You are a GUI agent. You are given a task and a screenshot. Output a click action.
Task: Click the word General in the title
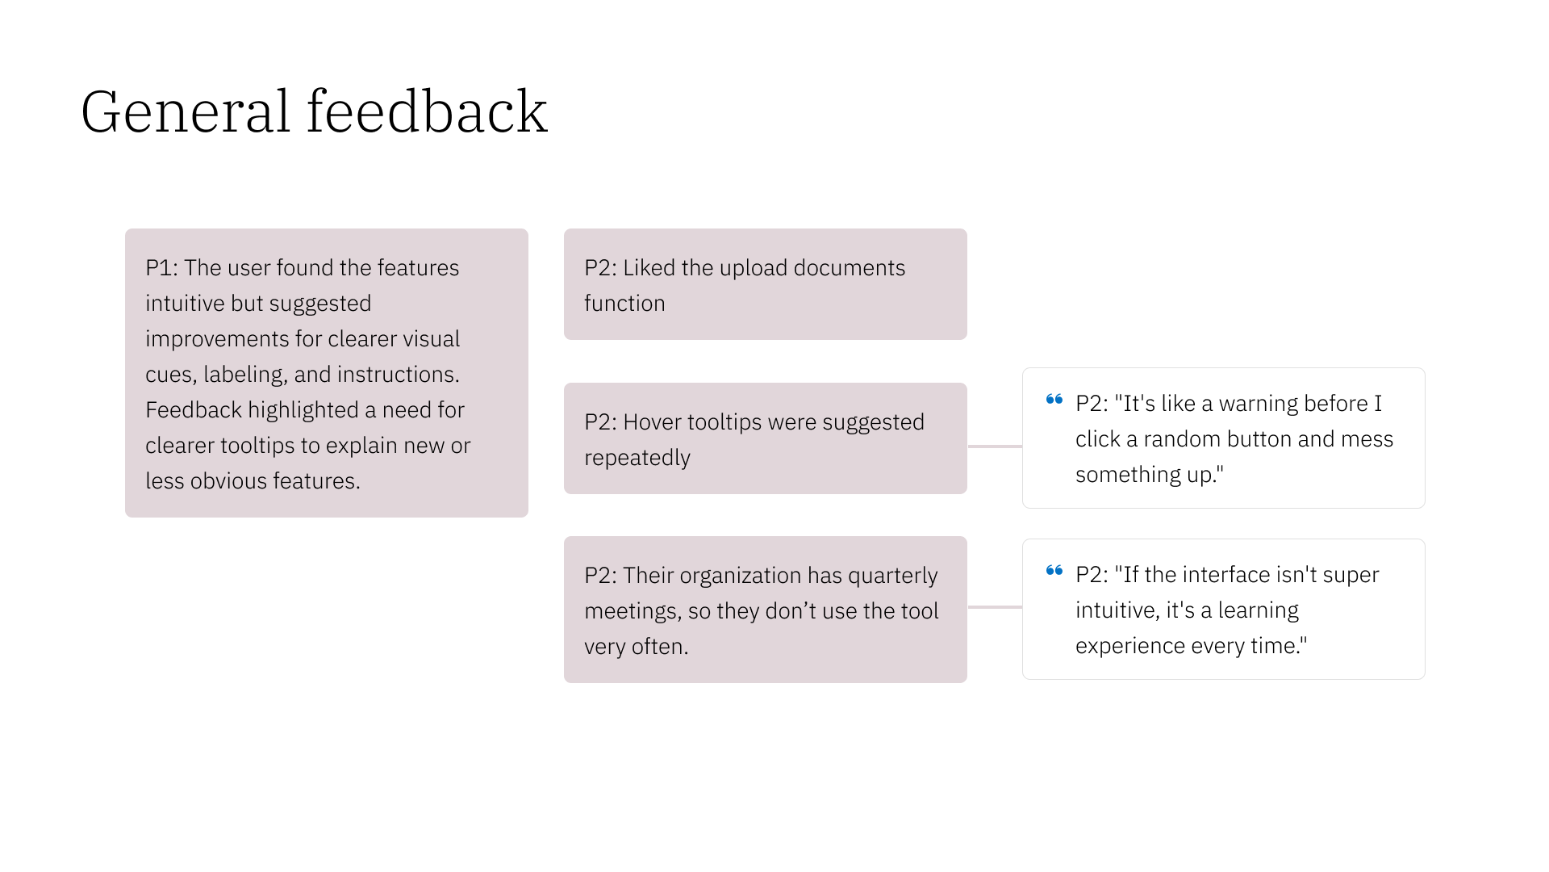[185, 111]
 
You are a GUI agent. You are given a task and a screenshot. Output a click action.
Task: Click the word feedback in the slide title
[427, 111]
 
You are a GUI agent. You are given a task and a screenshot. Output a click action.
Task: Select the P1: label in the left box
[161, 268]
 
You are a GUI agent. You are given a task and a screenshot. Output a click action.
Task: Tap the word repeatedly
[637, 458]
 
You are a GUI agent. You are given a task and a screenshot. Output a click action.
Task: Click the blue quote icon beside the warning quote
[1054, 400]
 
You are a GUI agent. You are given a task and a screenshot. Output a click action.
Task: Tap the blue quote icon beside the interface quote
[1054, 571]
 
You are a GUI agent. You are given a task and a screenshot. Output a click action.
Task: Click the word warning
[1263, 404]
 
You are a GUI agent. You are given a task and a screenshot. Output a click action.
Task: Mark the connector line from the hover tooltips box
[995, 446]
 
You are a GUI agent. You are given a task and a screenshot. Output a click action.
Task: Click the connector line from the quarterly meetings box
[995, 606]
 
